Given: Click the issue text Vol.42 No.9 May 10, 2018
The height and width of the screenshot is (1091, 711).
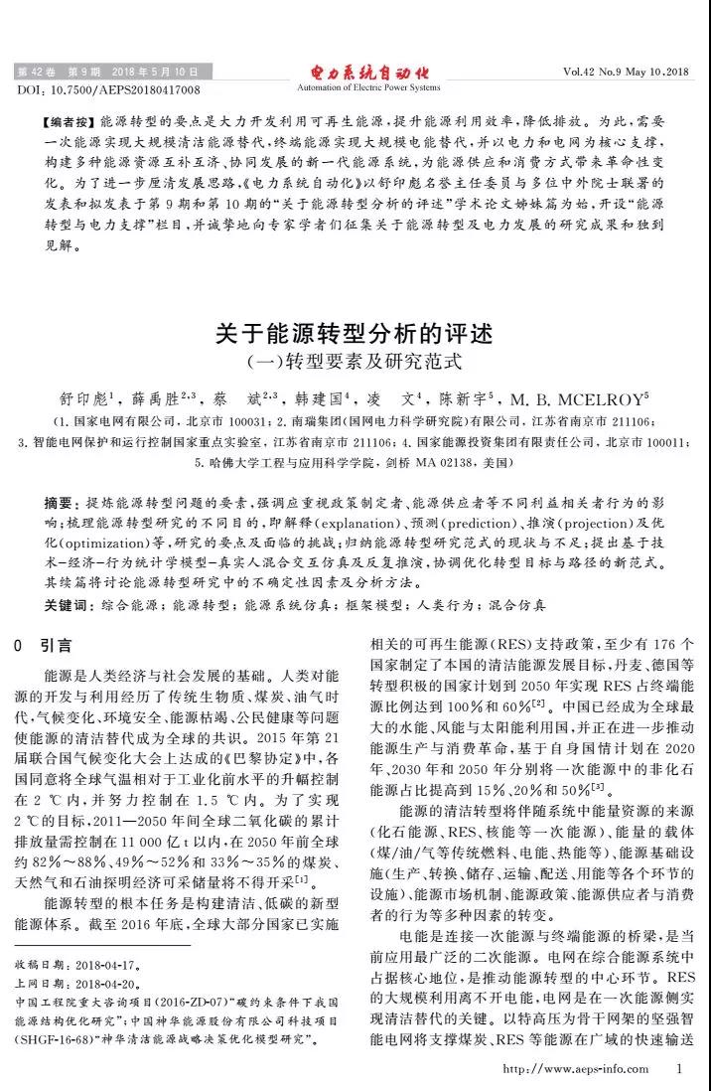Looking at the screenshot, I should (x=625, y=73).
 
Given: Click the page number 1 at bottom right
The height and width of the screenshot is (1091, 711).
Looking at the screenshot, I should (x=679, y=1069).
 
